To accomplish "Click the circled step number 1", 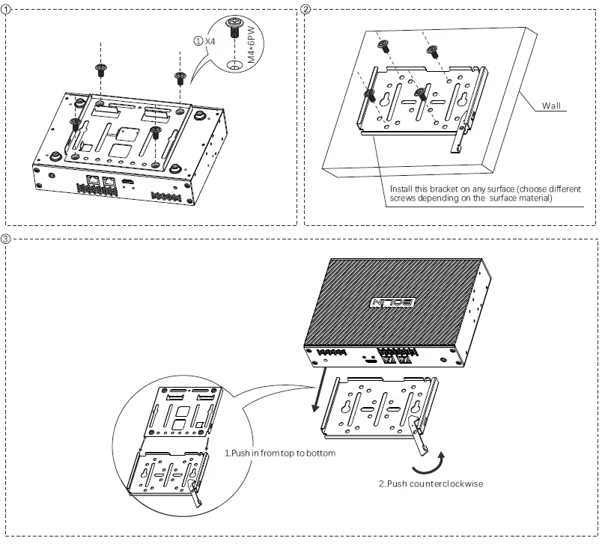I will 7,10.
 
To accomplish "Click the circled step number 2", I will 305,10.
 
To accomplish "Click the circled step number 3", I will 7,239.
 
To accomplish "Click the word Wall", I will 551,106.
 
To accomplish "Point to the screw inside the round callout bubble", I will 234,29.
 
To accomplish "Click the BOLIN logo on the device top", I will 392,302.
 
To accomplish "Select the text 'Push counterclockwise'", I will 431,484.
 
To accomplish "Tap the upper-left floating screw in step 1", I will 100,70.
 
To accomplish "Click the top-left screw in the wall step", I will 383,47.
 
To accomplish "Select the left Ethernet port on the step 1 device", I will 92,181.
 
